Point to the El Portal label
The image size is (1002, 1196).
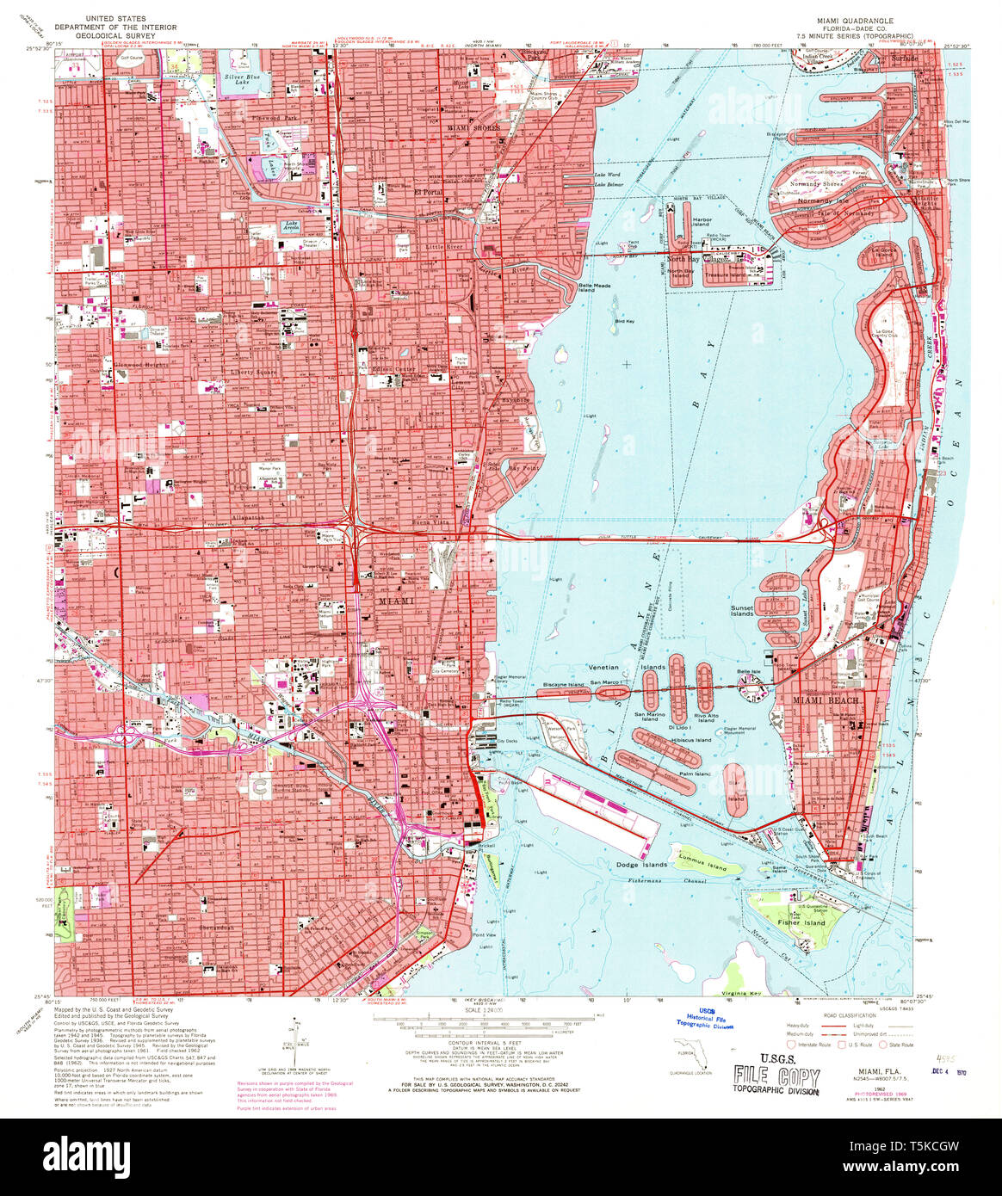coord(428,193)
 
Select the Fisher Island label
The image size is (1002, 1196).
coord(801,922)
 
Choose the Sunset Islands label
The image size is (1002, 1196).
coord(742,611)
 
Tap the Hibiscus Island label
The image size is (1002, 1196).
coord(692,740)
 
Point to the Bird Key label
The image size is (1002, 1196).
coord(624,321)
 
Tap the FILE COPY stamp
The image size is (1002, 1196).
coord(776,1074)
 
